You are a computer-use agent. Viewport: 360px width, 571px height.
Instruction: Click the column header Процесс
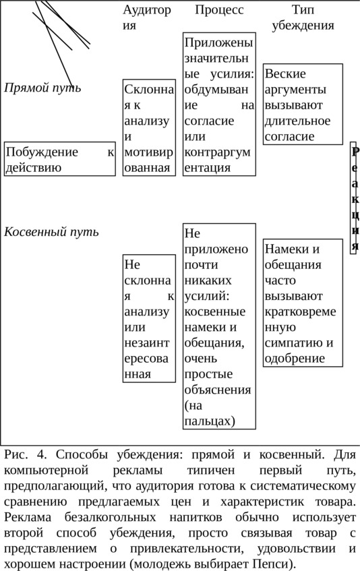coord(219,10)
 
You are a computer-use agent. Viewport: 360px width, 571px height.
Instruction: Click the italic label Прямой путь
coord(42,88)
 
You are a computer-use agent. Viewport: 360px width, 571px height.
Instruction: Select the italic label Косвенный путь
coord(51,232)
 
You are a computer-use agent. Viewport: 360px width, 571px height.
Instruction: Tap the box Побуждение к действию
coord(60,159)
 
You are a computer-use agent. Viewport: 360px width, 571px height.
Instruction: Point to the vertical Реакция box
coord(353,198)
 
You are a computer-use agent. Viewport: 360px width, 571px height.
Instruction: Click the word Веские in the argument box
coord(285,73)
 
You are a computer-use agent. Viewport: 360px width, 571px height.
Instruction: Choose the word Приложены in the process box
coord(218,42)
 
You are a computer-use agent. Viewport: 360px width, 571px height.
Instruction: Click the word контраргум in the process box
coord(217,152)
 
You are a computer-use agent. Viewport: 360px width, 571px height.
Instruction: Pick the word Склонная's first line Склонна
coord(149,89)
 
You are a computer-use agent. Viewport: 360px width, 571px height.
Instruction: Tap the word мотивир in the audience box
coord(149,152)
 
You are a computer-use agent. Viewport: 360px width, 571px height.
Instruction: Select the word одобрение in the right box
coord(295,359)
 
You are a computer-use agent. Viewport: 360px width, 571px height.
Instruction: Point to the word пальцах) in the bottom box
coord(210,421)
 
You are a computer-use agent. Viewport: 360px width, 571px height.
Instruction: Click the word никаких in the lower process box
coord(208,280)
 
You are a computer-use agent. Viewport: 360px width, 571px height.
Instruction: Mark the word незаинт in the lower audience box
coord(147,343)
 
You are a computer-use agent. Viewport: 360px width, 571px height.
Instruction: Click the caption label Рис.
coord(16,455)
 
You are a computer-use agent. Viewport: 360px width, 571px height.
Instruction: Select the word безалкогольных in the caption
coord(111,518)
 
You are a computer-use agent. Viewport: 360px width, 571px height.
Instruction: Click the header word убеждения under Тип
coord(303,26)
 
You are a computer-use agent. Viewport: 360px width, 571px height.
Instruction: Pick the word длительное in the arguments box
coord(297,121)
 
